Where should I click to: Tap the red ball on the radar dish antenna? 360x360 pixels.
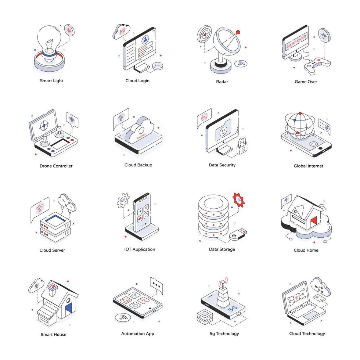(x=238, y=32)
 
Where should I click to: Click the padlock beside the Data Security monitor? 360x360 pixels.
(x=242, y=145)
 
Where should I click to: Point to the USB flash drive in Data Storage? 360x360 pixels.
(x=238, y=234)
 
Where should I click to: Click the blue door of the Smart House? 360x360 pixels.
(x=69, y=309)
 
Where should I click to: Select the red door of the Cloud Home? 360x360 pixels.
(x=314, y=220)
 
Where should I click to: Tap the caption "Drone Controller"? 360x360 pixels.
(x=56, y=166)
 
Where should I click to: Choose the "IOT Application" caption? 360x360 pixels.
(x=140, y=249)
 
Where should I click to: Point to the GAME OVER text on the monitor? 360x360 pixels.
(x=296, y=41)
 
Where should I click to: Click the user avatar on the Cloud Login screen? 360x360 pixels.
(x=145, y=40)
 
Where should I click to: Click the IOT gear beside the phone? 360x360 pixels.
(x=123, y=201)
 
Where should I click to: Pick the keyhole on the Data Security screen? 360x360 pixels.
(x=223, y=132)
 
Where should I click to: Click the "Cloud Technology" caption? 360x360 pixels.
(x=307, y=334)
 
